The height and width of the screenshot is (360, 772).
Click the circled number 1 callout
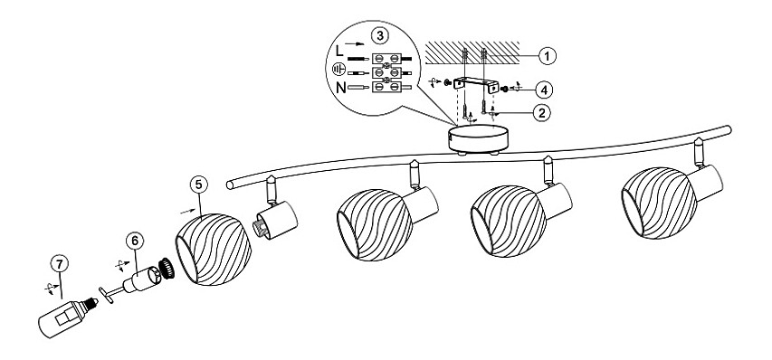tap(547, 56)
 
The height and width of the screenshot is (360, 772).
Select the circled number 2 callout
tap(541, 113)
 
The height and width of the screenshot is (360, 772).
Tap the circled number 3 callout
tap(379, 36)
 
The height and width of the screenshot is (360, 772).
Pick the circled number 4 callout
tap(544, 90)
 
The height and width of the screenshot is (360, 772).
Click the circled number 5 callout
tap(198, 185)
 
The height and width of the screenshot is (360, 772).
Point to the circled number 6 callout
tap(135, 241)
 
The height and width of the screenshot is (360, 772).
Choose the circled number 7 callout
tap(60, 264)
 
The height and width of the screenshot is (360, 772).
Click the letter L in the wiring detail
tap(339, 52)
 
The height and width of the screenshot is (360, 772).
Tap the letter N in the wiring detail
tap(340, 88)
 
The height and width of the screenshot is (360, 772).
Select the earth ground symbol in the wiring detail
tap(338, 70)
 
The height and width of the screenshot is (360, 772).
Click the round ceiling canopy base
tap(478, 138)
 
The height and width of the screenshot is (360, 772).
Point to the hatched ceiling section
tap(472, 52)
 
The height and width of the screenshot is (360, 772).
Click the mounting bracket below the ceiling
tap(476, 84)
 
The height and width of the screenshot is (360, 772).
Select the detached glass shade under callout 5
tap(214, 250)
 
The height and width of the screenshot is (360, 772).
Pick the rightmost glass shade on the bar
tap(659, 203)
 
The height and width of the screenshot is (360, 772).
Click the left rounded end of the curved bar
tap(231, 185)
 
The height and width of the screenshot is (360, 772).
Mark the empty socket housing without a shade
tap(276, 221)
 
